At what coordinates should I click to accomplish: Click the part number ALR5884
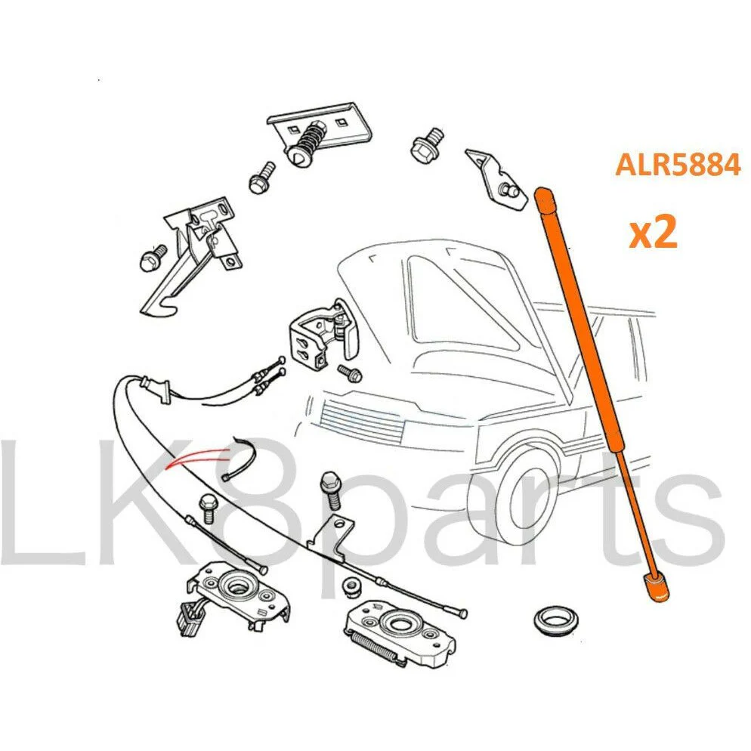(678, 165)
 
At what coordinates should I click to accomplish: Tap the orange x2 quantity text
(653, 231)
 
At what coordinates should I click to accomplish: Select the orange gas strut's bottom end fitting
(656, 586)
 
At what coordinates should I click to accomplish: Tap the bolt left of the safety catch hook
(153, 258)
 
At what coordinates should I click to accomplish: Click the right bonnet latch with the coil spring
(399, 633)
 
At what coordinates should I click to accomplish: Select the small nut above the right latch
(351, 586)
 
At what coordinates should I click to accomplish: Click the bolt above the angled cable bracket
(331, 490)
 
